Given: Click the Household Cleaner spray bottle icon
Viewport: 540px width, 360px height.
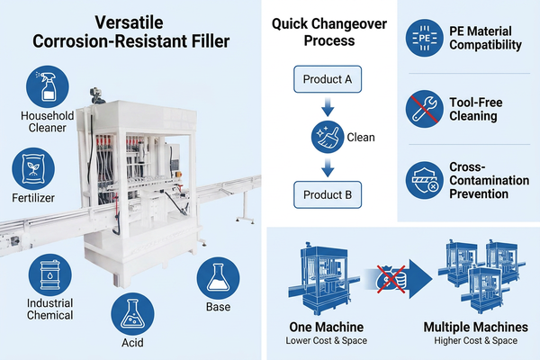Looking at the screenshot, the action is pos(48,86).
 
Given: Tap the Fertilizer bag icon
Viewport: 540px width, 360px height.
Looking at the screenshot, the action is pos(33,169).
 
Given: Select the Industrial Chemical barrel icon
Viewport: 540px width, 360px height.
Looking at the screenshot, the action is pos(49,274).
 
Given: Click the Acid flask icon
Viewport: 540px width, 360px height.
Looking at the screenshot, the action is pos(132,314).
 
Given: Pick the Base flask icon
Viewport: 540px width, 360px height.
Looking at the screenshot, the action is pos(218,278).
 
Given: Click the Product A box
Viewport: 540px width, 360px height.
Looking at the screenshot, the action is pos(328,79).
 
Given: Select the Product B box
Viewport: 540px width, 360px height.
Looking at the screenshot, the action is pos(328,194).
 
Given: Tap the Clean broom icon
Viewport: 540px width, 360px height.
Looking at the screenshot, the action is pos(328,137).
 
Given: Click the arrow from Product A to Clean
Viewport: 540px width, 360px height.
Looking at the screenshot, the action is pos(328,107).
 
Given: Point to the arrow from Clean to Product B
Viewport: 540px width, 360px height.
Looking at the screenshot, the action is pos(328,167).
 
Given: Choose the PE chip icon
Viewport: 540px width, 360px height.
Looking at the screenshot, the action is pos(424,38).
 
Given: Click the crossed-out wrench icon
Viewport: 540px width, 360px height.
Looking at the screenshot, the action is pos(424,109).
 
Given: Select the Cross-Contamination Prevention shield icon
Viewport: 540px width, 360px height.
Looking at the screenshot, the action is pos(424,180).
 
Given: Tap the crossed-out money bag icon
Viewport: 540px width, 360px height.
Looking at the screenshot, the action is pos(391,279).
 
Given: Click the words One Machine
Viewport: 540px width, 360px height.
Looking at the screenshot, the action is pos(326,327).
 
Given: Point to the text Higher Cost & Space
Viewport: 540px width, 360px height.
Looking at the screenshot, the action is pos(475,341).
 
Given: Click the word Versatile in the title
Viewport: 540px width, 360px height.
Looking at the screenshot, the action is pos(129,22).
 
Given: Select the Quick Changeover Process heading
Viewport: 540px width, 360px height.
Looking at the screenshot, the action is pos(329,32).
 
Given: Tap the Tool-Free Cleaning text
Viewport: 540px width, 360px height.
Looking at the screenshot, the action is pos(475,109).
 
